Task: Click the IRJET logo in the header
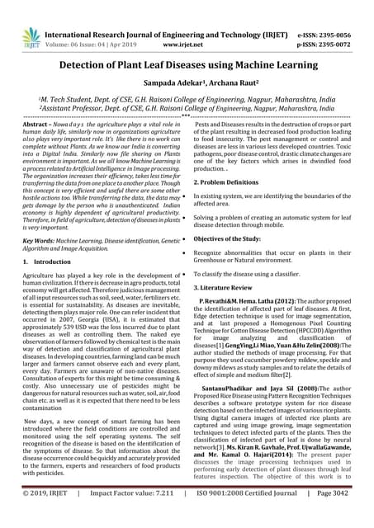31,36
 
